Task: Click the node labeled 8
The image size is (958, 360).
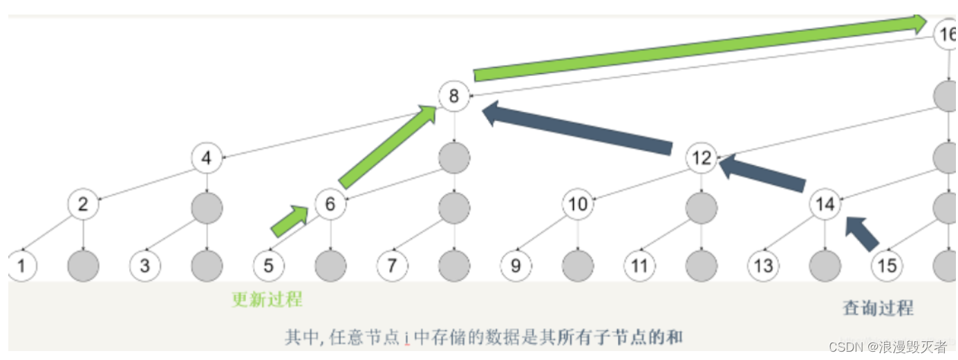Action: point(453,96)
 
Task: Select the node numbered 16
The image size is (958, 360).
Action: point(946,34)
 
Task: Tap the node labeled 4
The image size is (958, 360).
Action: point(206,158)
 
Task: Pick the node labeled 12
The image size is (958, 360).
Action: point(701,158)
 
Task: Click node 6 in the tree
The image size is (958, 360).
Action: point(330,205)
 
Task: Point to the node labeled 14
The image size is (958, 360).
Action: point(825,205)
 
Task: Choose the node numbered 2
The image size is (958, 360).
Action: point(83,205)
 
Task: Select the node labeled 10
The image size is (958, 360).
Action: point(577,205)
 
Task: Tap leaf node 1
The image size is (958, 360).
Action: point(21,265)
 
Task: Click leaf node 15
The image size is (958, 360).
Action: point(886,265)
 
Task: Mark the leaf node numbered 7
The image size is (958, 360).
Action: point(392,265)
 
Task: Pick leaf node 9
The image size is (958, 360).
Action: point(516,265)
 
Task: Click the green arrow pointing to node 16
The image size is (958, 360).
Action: point(698,48)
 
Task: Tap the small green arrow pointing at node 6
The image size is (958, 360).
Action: point(289,221)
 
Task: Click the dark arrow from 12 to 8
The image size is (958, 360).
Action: point(577,128)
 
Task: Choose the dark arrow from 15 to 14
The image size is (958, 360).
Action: point(862,232)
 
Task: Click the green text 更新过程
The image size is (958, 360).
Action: point(267,300)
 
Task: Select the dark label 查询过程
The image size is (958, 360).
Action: point(878,308)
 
